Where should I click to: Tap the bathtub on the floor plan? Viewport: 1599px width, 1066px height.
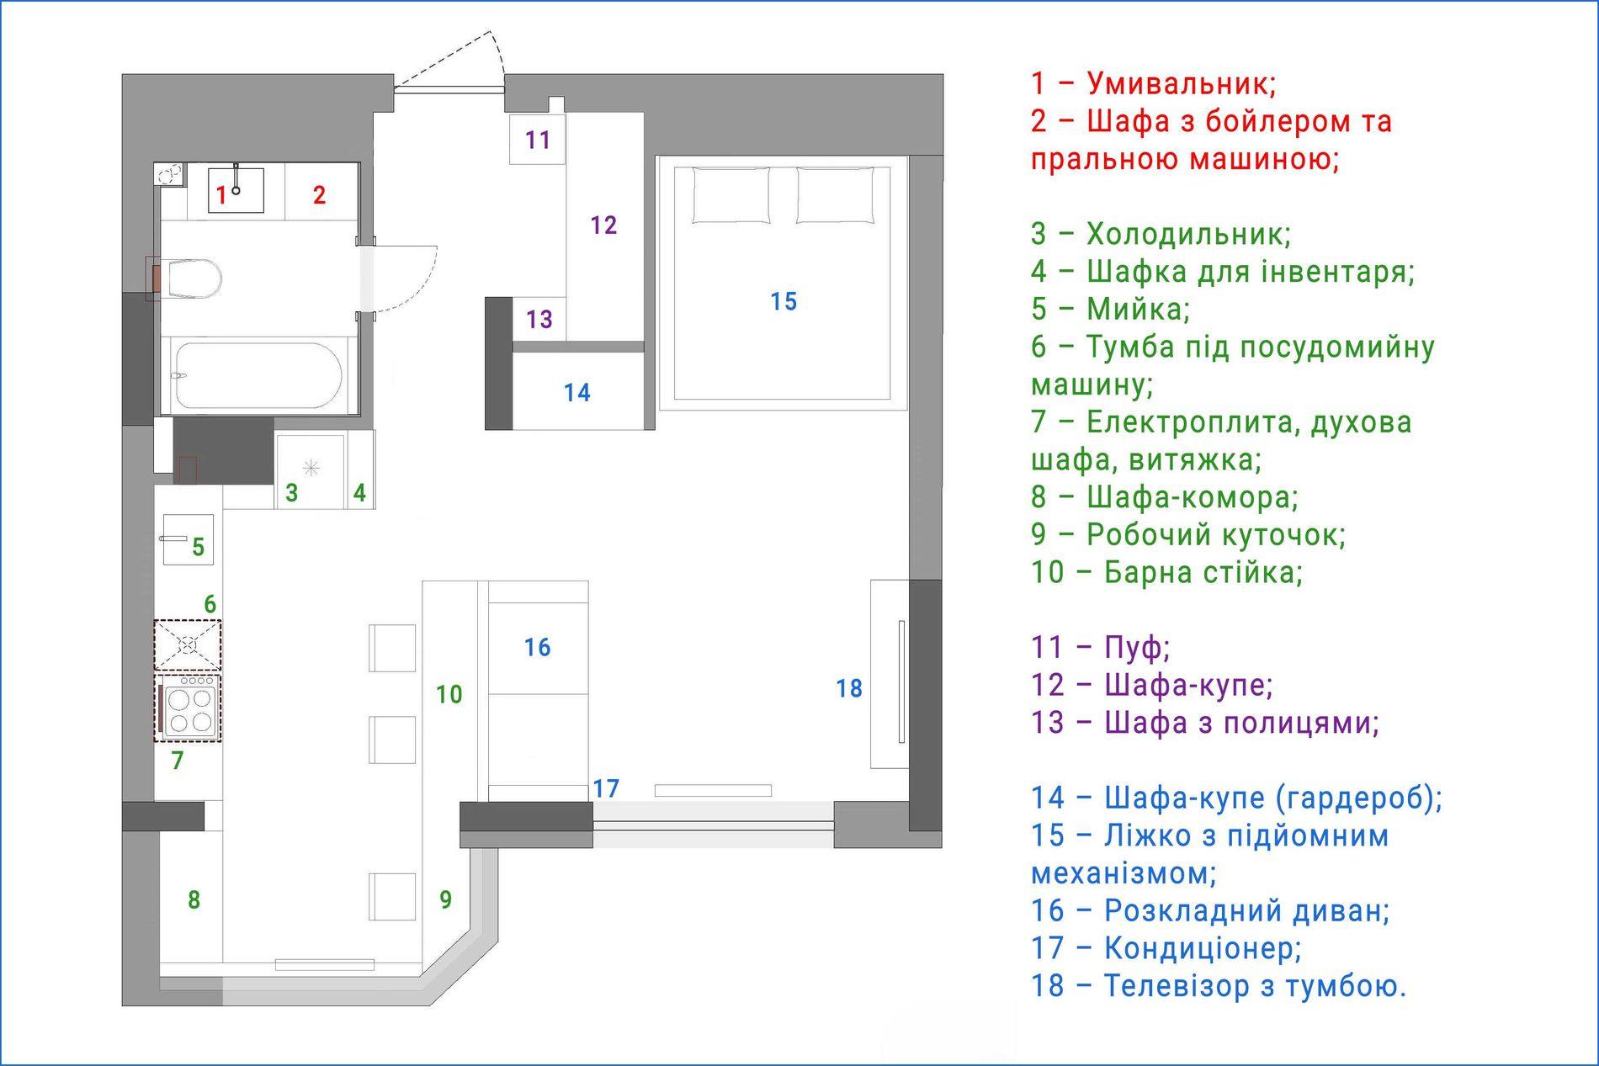click(257, 375)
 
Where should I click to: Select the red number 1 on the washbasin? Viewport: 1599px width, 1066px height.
click(221, 196)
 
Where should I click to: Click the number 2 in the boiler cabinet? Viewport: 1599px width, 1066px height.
click(319, 195)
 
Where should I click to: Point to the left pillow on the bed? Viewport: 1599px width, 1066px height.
click(730, 195)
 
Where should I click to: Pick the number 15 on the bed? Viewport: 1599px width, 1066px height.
click(784, 301)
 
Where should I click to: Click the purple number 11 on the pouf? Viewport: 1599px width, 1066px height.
click(538, 140)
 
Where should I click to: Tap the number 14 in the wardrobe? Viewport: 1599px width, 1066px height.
click(577, 392)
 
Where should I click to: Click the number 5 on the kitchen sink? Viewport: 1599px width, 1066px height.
click(199, 548)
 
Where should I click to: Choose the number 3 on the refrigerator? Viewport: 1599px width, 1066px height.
click(292, 493)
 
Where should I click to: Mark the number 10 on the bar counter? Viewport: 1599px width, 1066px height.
click(449, 694)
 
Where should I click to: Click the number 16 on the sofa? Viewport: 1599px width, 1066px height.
click(538, 647)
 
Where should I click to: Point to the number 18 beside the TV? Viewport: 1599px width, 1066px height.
click(849, 689)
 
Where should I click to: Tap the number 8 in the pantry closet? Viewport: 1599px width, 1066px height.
click(194, 900)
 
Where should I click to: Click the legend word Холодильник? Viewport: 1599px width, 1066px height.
click(1188, 234)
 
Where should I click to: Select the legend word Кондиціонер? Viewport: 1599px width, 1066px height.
click(1203, 948)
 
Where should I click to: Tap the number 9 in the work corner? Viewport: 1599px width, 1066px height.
click(446, 900)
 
